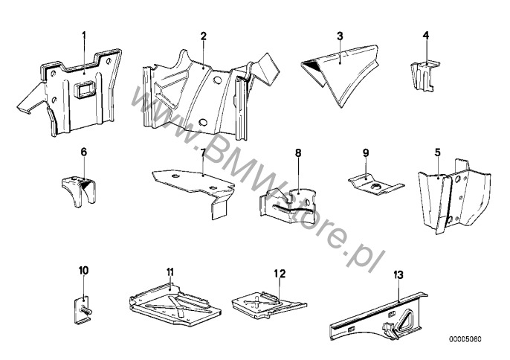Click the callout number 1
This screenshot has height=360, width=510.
84,35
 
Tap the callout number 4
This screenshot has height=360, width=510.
425,35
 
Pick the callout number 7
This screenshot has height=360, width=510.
202,152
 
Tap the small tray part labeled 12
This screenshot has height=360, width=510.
268,301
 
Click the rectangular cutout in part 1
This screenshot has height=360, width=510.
82,92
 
